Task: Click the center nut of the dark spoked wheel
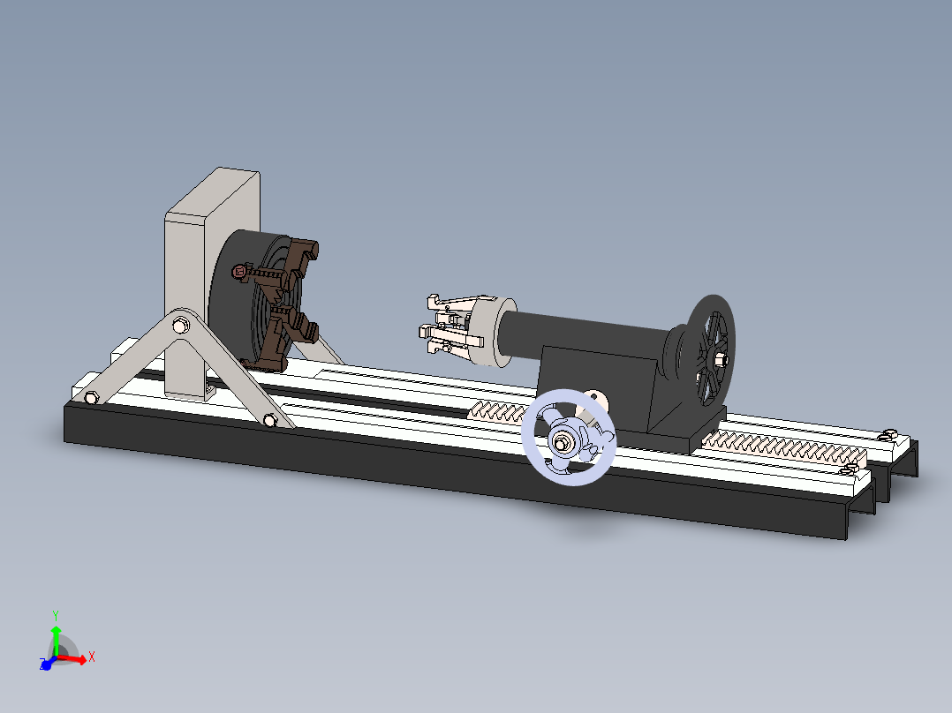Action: click(x=720, y=358)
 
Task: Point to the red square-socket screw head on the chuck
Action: click(x=238, y=273)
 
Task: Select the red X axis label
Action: click(x=91, y=657)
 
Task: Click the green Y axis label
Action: click(x=55, y=614)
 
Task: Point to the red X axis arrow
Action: click(x=75, y=657)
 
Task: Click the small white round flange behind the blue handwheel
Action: click(x=597, y=402)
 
